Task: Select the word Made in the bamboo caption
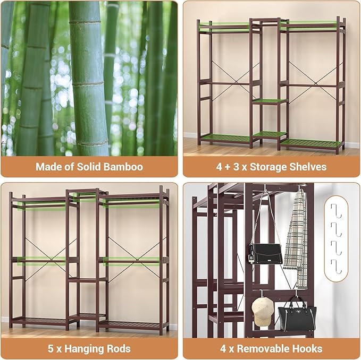pyautogui.click(x=47, y=167)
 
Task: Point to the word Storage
pyautogui.click(x=267, y=167)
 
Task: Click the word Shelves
pyautogui.click(x=307, y=167)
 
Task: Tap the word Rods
pyautogui.click(x=119, y=349)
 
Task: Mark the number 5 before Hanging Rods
pyautogui.click(x=51, y=349)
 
